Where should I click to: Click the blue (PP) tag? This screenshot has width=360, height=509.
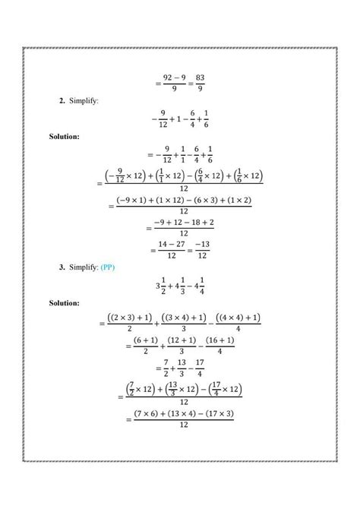point(124,267)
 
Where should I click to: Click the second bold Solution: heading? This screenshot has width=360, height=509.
point(64,303)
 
